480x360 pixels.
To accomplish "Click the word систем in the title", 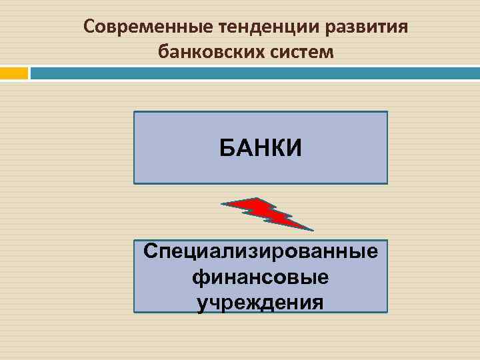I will pos(300,51).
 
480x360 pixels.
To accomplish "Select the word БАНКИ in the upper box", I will pos(261,147).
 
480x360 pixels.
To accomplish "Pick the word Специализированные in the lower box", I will pos(261,253).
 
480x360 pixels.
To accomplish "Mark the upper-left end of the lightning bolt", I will pos(223,203).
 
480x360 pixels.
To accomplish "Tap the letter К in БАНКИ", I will pos(277,147).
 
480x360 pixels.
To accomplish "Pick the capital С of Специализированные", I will pos(151,253).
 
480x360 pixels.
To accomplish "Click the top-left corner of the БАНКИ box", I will pos(135,112).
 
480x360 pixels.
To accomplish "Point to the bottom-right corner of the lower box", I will pos(387,311).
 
